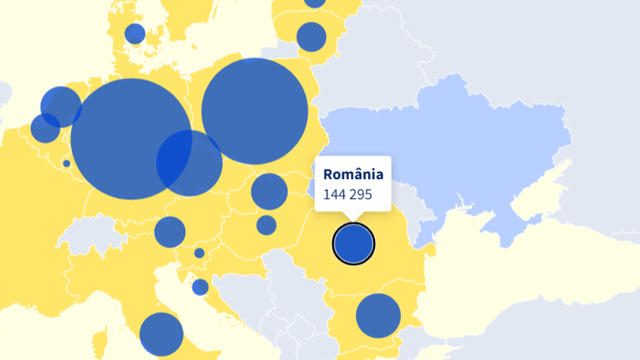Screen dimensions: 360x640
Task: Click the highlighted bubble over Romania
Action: coord(353,244)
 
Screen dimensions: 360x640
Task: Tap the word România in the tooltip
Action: coord(353,174)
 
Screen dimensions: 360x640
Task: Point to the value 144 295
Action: coord(347,195)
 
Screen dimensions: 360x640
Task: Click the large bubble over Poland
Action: coord(255,111)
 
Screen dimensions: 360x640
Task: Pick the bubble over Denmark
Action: coord(135,34)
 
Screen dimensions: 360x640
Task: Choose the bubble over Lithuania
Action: coord(311,37)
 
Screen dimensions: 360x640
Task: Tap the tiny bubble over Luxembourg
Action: coord(67,163)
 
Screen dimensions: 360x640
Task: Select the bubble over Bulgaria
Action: coord(378,316)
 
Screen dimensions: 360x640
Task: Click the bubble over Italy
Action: coord(161,334)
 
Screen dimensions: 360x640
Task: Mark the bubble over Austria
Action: coord(170,232)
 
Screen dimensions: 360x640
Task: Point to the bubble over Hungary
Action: coord(266,225)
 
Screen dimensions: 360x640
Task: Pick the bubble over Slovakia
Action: coord(269,192)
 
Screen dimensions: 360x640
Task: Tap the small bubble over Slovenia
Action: coord(199,253)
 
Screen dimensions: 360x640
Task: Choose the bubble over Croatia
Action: coord(200,287)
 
